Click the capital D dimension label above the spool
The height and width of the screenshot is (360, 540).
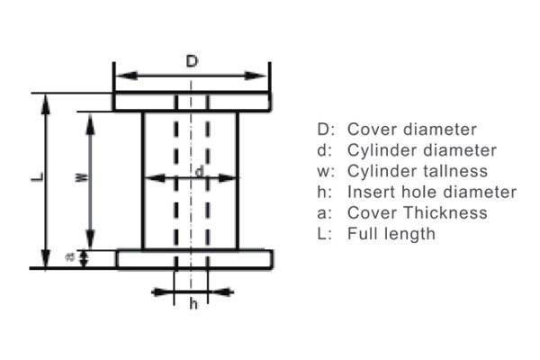[x=193, y=61]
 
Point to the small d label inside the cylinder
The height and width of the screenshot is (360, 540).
[x=200, y=171]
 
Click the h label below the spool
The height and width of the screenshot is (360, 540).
[x=193, y=304]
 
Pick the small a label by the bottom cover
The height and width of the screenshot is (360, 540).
[x=70, y=257]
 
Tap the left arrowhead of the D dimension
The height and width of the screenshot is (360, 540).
[x=127, y=76]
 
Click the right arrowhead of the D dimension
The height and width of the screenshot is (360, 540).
[x=256, y=76]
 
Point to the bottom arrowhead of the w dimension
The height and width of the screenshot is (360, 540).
[x=90, y=238]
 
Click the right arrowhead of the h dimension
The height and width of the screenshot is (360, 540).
[x=221, y=292]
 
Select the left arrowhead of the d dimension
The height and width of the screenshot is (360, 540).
[x=154, y=178]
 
